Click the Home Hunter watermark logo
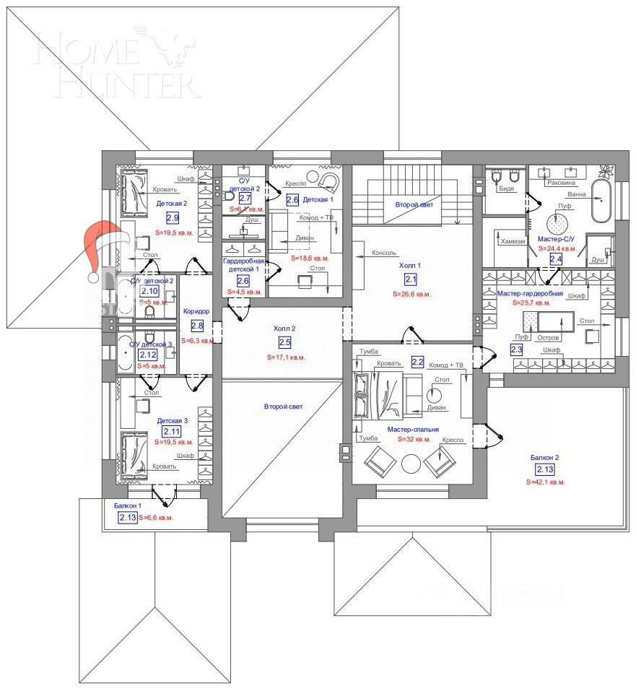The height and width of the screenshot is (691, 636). (x=116, y=65)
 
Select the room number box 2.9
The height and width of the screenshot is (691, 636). (x=173, y=217)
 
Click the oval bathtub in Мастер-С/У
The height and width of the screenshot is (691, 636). (x=601, y=201)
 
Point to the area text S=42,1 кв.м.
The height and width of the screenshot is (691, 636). (x=546, y=482)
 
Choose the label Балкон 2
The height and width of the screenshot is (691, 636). (x=545, y=457)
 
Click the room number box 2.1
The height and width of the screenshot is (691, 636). (x=411, y=279)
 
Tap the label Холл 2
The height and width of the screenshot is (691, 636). (x=284, y=329)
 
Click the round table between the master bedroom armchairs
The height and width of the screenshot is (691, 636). (x=412, y=463)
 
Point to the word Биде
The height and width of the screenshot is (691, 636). (x=507, y=188)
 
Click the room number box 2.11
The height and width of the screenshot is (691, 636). (x=173, y=431)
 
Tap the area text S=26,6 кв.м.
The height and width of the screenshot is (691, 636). (x=411, y=294)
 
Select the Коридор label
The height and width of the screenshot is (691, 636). (x=196, y=312)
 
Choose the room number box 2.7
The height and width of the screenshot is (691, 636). (x=245, y=198)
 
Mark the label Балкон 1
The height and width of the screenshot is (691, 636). (x=128, y=506)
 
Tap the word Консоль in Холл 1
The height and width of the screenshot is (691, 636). (x=385, y=253)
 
